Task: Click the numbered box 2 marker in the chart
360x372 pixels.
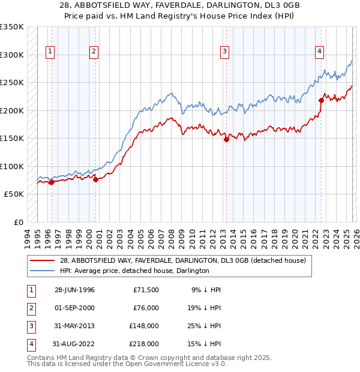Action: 94,52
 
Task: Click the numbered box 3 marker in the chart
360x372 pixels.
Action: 224,52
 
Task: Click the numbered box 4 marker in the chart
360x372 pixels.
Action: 320,52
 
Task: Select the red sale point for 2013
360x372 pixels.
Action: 226,139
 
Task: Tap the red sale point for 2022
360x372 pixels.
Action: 321,100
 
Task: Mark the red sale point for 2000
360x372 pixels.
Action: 96,179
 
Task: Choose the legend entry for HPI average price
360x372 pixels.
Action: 134,271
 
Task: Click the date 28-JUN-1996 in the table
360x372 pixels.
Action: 74,290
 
